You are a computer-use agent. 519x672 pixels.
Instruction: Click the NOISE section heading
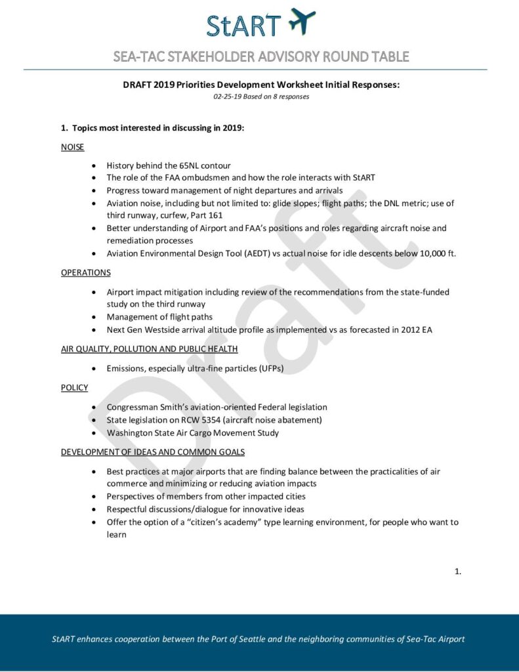point(73,147)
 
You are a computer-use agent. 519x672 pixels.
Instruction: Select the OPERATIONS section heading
point(86,272)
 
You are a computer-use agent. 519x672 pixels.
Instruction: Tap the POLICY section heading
point(74,387)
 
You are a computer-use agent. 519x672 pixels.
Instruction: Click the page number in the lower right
point(457,572)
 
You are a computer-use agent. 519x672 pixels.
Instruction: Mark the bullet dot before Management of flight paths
point(97,317)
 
